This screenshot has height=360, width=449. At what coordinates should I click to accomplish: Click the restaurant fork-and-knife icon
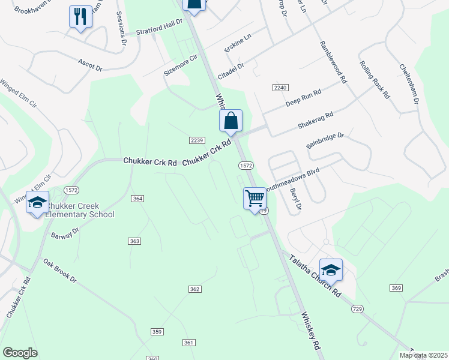(80, 17)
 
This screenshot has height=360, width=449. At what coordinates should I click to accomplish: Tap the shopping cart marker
(255, 199)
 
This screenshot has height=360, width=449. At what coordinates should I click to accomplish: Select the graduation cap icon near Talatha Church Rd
(331, 270)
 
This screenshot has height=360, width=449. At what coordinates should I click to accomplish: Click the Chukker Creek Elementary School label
(80, 210)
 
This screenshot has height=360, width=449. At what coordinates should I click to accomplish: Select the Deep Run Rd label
(303, 97)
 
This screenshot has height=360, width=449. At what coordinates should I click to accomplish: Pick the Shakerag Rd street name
(315, 121)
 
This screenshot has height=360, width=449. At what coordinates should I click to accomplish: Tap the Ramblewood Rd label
(334, 62)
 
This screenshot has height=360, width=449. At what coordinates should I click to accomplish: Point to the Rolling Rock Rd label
(375, 80)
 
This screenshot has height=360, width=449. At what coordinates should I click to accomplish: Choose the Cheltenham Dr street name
(408, 83)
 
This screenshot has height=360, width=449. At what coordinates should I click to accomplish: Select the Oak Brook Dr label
(60, 271)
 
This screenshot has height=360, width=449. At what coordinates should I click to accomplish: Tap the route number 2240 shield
(280, 88)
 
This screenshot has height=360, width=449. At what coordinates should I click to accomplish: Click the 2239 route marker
(197, 140)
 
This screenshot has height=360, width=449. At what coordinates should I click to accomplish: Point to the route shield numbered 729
(357, 308)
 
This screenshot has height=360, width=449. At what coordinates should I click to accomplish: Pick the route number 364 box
(138, 199)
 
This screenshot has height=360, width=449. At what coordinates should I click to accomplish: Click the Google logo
(20, 353)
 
